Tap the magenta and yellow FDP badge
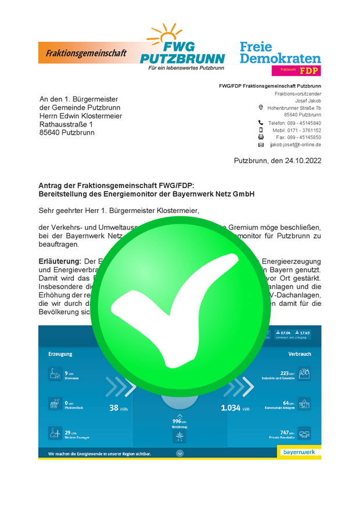296,70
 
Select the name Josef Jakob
308,100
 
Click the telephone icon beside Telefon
261,123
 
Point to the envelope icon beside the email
261,145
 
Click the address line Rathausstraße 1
66,124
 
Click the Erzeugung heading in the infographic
60,353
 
